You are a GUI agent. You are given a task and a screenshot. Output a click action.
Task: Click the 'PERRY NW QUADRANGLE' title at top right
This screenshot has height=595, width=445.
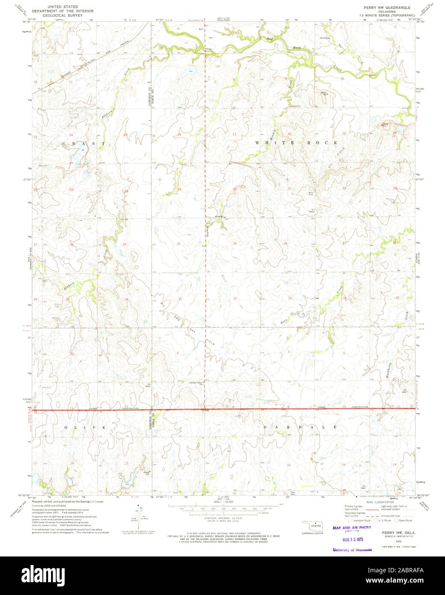381,8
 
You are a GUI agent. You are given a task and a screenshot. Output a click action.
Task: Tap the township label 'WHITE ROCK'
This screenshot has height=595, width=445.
296,142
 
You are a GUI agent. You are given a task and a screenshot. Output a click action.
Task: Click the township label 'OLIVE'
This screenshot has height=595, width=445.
85,428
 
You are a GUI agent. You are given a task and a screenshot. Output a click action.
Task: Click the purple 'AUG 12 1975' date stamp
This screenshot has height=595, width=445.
352,541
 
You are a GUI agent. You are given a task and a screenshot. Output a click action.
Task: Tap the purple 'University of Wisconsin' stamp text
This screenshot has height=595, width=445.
352,550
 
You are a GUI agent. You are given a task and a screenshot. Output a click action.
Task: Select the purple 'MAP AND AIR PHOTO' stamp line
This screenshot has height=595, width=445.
352,528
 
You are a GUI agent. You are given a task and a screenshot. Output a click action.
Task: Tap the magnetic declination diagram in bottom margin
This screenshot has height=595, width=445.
136,518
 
